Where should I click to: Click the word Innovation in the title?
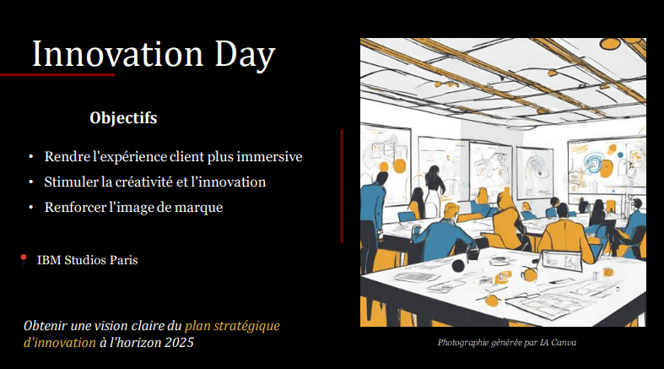[118, 54]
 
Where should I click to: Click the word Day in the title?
[245, 56]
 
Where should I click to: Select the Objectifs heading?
[123, 117]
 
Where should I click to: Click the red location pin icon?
[24, 259]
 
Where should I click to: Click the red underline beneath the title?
[57, 75]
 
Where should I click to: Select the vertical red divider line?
[342, 187]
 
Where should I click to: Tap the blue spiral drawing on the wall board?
[592, 163]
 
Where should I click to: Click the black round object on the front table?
[458, 266]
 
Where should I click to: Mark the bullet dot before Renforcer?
[31, 207]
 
